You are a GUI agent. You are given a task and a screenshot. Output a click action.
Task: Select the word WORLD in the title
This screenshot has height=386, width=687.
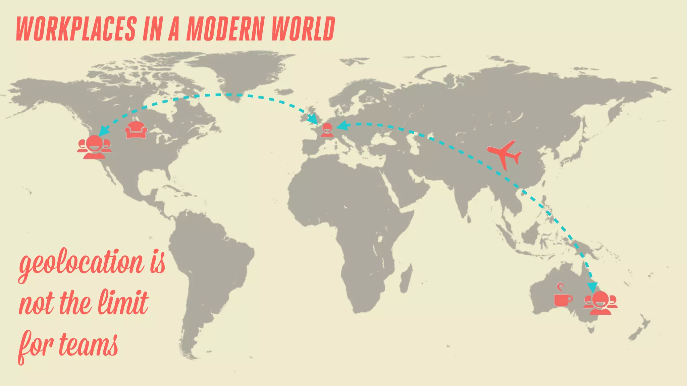click(303, 29)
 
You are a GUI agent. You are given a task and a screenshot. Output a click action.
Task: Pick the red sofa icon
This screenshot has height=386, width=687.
click(136, 130)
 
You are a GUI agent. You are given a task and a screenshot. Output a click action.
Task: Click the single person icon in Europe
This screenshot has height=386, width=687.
click(327, 130)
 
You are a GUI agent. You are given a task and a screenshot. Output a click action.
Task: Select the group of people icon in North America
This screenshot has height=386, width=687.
click(94, 147)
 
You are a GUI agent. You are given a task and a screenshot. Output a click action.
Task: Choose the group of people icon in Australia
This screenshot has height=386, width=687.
click(600, 303)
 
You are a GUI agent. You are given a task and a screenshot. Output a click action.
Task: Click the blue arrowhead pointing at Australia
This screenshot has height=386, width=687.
click(592, 287)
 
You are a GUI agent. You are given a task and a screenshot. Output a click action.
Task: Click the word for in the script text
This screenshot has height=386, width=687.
click(35, 345)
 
